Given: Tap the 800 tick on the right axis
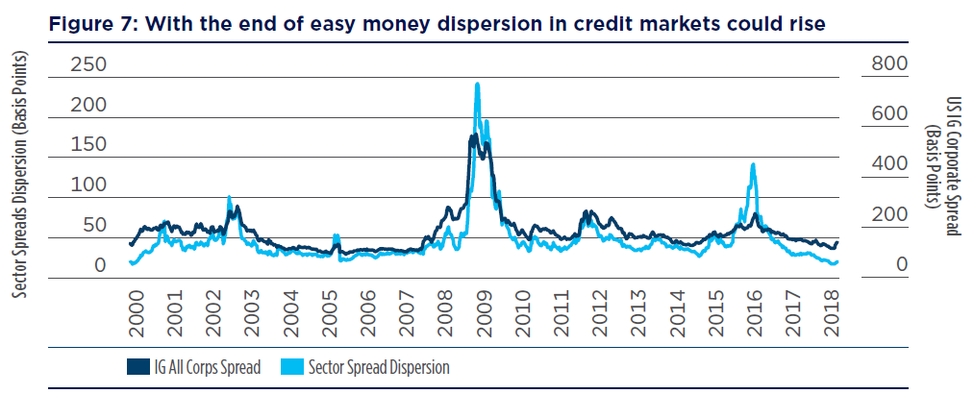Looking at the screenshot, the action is pos(889,65).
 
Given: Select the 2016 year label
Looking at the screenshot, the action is pos(754,312).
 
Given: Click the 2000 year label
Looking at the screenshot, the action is pos(136,312).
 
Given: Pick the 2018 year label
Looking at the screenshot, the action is pos(832,312).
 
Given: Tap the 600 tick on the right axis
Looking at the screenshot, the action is pos(889,115).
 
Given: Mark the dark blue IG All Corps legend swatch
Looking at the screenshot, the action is pos(135,366).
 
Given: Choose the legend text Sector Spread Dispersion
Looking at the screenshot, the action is pos(379,367).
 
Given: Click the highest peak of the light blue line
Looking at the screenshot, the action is pos(477,85).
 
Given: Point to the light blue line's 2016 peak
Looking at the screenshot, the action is pos(753,165).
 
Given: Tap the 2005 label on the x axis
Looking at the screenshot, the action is pos(329,312).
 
